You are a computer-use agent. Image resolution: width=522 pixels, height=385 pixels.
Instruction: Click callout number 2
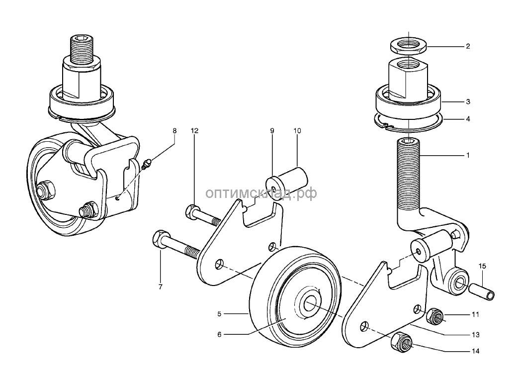click(x=467, y=47)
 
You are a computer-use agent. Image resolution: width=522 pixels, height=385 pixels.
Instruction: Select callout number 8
click(x=174, y=131)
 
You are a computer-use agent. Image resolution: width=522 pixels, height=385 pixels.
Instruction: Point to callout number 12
click(x=194, y=131)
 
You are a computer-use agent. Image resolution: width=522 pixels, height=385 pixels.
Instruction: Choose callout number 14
click(x=476, y=352)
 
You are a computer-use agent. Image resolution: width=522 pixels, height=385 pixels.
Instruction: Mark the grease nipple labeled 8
click(x=147, y=164)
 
